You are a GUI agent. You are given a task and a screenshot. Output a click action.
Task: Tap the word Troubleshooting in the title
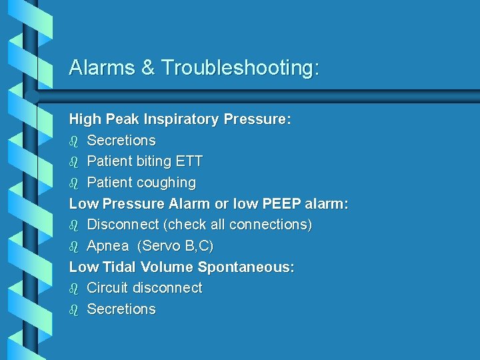(x=241, y=68)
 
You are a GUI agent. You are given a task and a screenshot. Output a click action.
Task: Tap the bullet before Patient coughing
(x=74, y=183)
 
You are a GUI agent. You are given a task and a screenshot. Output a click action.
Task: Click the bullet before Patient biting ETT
(x=74, y=161)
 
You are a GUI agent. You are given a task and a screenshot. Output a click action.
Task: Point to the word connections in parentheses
(x=269, y=225)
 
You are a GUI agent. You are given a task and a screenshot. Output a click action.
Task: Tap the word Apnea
(x=108, y=246)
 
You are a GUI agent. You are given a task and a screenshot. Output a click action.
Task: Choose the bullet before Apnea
(x=74, y=246)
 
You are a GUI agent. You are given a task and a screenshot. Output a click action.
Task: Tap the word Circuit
(x=108, y=288)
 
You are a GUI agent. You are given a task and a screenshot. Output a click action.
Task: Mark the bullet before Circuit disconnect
(x=74, y=288)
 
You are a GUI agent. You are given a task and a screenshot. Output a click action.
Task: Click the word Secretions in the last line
(x=121, y=309)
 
